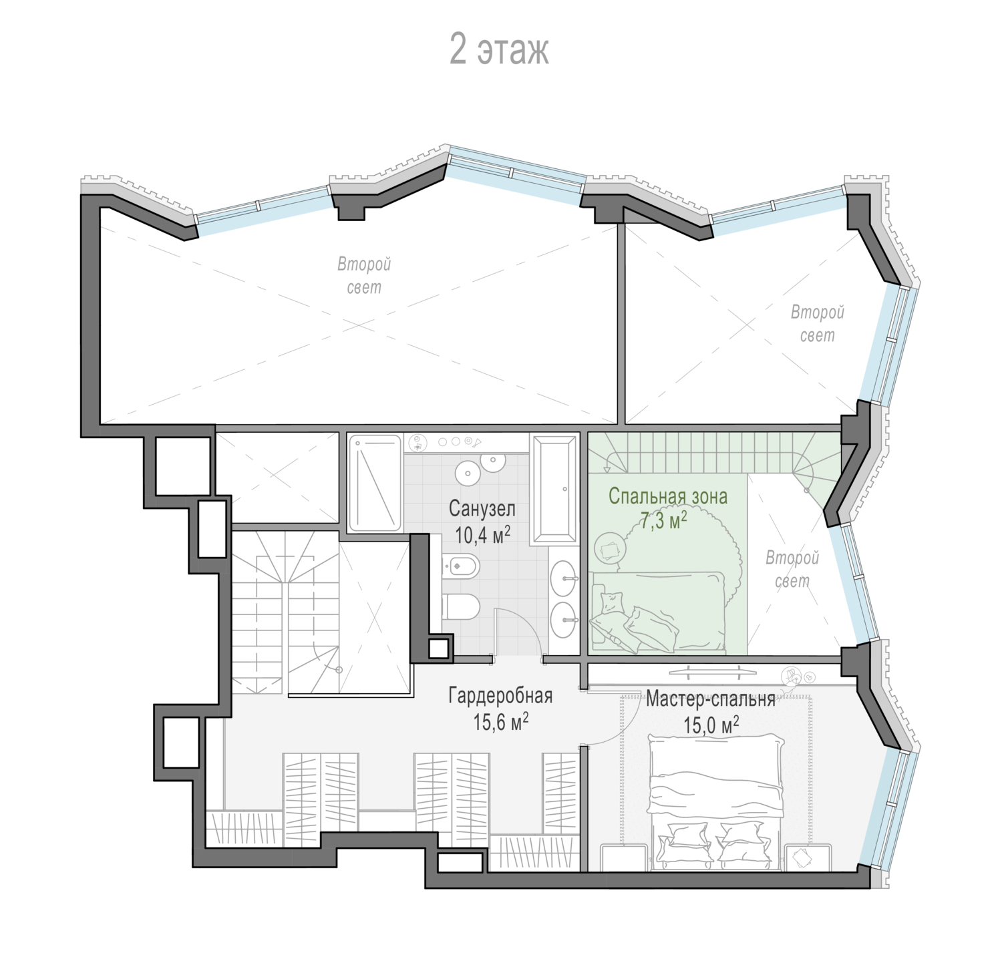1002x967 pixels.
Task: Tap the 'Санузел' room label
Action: pos(482,510)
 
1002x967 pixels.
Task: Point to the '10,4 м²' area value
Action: pos(483,534)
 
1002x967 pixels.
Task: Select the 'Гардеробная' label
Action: pos(500,697)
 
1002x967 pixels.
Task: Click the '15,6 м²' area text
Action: pos(501,722)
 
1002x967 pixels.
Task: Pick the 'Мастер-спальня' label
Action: pos(711,699)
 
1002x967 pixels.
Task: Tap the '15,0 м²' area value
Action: pos(711,724)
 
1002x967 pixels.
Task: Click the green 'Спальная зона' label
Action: pos(668,496)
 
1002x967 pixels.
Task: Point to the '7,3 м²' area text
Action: pos(664,522)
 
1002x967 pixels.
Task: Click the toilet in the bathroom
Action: pos(462,606)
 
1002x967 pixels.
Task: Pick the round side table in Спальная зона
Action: pos(610,548)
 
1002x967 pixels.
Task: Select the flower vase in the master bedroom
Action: pos(795,675)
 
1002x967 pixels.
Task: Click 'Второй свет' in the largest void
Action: pos(364,276)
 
